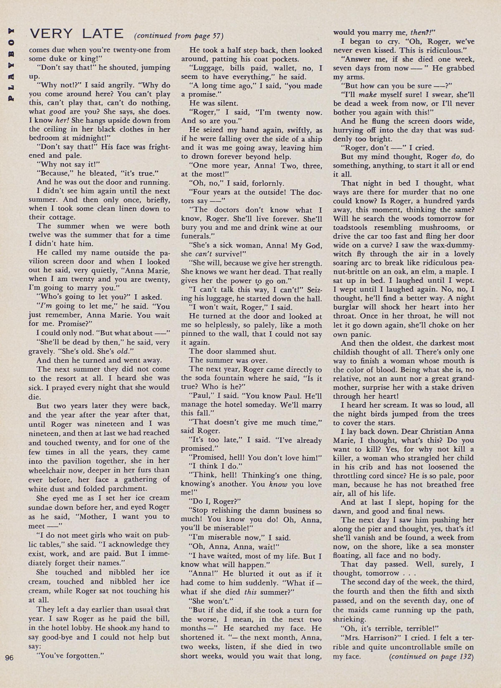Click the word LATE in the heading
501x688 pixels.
103,34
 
